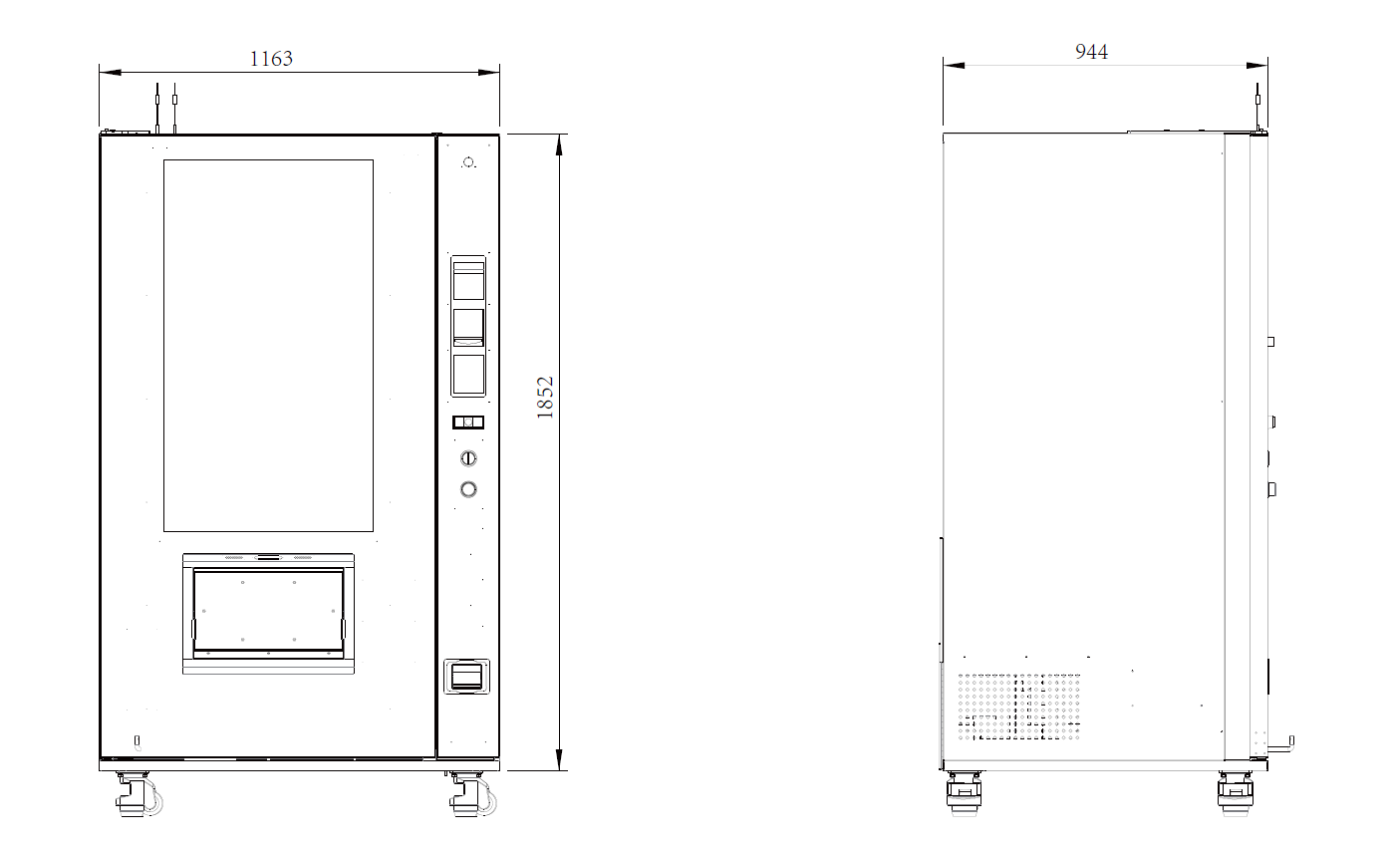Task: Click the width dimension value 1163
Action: coord(271,59)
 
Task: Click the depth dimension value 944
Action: coord(1091,52)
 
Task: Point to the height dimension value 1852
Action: coord(545,397)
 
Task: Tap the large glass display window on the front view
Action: coord(268,345)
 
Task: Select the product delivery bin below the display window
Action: coord(268,613)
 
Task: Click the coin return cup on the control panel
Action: coord(466,676)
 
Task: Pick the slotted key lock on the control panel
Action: coord(467,458)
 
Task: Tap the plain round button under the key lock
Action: coord(467,489)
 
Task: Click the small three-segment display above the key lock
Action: coord(467,423)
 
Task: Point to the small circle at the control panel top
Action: coord(468,161)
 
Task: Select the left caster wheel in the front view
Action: coord(137,795)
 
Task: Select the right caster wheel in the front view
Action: coord(470,795)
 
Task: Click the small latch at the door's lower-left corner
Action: coord(138,740)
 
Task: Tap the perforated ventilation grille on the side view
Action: coord(1018,707)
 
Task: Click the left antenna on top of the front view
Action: coord(156,108)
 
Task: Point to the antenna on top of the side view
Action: coord(1257,107)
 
